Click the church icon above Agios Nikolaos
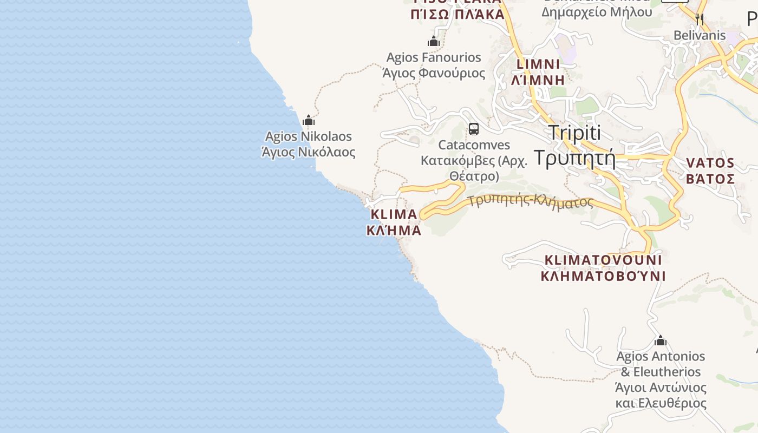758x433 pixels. click(309, 120)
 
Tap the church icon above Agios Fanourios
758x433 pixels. click(433, 41)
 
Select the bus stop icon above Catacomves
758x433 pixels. click(474, 129)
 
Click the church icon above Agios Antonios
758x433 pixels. click(660, 340)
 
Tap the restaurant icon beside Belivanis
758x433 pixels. click(700, 19)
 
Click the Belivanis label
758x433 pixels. click(700, 36)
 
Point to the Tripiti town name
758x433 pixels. click(574, 133)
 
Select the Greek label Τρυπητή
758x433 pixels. click(574, 158)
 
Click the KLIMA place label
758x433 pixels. click(394, 214)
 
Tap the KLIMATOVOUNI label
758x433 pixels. click(603, 260)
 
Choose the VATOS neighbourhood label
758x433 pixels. click(710, 163)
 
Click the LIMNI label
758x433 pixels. click(538, 64)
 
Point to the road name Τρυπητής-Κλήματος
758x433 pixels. click(531, 202)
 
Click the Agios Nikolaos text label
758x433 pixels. click(308, 136)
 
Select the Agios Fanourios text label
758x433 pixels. click(434, 57)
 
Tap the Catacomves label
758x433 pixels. click(474, 145)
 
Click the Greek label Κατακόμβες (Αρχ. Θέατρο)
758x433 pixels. click(474, 168)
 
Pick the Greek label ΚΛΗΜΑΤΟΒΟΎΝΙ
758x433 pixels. click(603, 276)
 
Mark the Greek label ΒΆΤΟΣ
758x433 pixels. click(710, 179)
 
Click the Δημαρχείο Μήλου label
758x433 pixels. click(596, 12)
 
